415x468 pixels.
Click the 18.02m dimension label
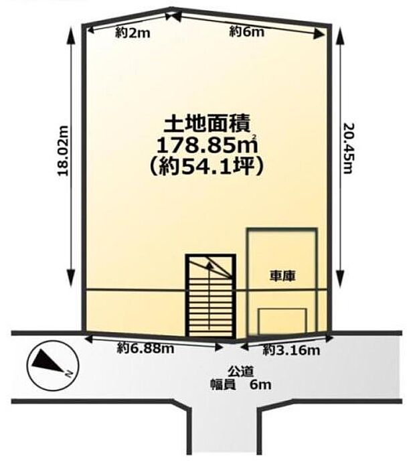[x=63, y=151]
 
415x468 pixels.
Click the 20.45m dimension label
[x=347, y=148]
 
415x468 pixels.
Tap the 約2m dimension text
[x=133, y=33]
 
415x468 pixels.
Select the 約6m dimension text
[x=247, y=31]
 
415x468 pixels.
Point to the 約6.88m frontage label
[x=145, y=348]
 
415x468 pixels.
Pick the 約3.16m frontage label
[x=291, y=350]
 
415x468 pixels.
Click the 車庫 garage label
[x=282, y=276]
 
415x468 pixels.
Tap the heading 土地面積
[x=207, y=125]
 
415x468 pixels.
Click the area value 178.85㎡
[x=207, y=145]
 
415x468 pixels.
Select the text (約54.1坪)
[x=207, y=167]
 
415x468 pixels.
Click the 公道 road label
[x=241, y=372]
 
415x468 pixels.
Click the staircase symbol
[x=210, y=296]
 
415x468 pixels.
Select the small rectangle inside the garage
[x=282, y=321]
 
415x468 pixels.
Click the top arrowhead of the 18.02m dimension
[x=71, y=33]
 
